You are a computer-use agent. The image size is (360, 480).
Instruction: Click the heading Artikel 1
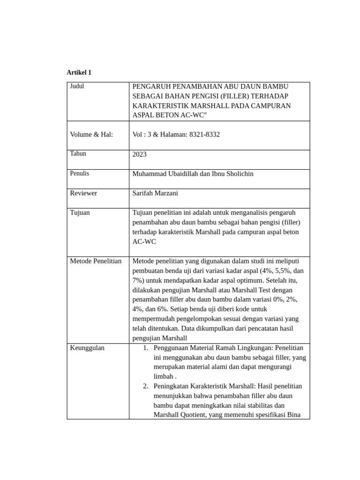[x=79, y=73]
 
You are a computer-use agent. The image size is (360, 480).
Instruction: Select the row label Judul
[x=77, y=86]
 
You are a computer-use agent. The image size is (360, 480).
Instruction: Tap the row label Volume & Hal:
[x=91, y=135]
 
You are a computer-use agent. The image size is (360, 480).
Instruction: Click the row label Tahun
[x=78, y=154]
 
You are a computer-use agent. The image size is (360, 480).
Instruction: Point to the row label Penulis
[x=79, y=173]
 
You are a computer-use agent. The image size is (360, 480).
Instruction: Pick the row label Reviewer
[x=83, y=193]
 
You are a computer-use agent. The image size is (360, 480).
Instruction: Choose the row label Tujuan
[x=80, y=212]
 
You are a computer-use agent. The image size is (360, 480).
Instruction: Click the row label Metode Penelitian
[x=96, y=261]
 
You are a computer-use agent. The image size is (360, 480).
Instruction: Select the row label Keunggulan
[x=87, y=348]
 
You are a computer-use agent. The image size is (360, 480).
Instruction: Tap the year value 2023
[x=140, y=154]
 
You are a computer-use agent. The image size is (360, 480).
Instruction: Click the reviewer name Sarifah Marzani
[x=155, y=193]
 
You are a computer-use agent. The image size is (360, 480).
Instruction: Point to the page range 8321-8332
[x=204, y=135]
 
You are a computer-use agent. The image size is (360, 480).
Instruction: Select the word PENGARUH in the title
[x=150, y=87]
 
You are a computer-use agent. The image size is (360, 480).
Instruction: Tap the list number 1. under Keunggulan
[x=145, y=348]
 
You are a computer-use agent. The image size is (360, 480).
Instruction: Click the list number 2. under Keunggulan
[x=145, y=386]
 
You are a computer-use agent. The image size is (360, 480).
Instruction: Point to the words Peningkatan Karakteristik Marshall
[x=201, y=386]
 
